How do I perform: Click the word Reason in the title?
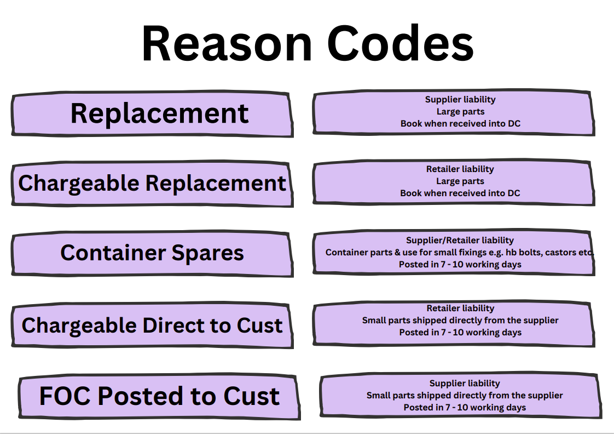(227, 43)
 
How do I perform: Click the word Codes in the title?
(400, 43)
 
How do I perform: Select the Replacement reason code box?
(152, 113)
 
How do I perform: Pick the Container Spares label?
(152, 253)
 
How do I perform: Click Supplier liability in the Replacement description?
(461, 100)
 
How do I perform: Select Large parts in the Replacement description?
(461, 112)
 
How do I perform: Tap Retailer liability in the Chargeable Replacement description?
(460, 169)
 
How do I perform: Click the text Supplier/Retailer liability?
(460, 241)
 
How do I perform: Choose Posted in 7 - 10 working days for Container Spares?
(460, 265)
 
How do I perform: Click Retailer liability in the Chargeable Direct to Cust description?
(461, 308)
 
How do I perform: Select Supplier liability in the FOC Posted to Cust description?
(465, 384)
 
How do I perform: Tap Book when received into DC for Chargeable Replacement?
(460, 193)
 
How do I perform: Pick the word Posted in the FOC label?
(140, 396)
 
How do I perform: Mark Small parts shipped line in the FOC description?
(465, 396)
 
